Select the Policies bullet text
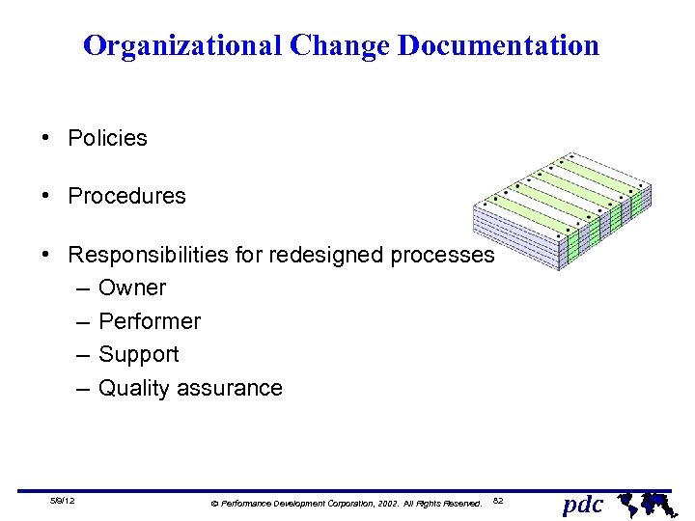107,138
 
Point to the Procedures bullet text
126,196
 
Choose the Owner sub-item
132,288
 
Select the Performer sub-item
150,321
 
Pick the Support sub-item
139,354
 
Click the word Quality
135,388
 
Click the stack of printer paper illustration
564,210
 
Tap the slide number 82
498,501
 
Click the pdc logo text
583,503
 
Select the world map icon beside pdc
644,503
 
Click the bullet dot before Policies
46,138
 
